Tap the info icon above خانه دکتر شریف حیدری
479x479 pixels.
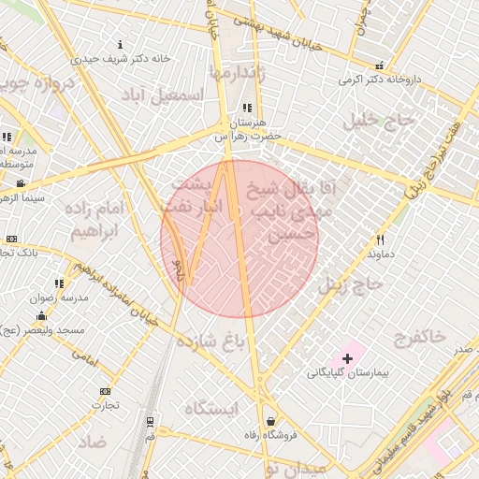point(120,45)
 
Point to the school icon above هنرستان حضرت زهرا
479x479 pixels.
point(247,109)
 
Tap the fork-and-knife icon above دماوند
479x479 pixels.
point(380,239)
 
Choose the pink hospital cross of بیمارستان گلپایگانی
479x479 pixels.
point(348,357)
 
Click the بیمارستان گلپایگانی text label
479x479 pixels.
point(348,372)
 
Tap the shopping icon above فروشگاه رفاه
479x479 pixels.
point(271,421)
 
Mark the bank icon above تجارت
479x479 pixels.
point(105,391)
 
